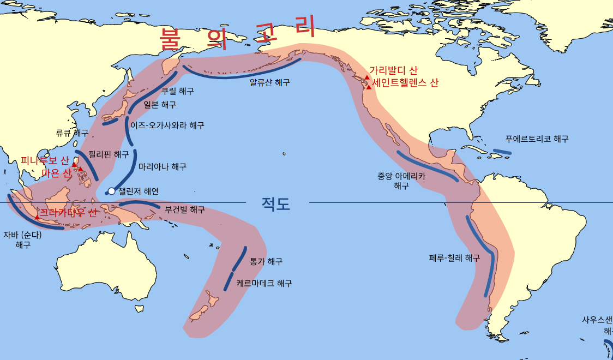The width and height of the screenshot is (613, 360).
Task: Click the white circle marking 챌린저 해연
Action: click(111, 191)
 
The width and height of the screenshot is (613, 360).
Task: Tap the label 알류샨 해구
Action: click(269, 83)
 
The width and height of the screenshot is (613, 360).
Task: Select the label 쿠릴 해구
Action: click(177, 91)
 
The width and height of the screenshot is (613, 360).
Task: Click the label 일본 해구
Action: click(160, 105)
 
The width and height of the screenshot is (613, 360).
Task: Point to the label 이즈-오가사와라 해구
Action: click(167, 125)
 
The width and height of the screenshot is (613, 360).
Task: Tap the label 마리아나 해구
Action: click(163, 166)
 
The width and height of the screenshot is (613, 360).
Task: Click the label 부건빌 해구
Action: click(185, 209)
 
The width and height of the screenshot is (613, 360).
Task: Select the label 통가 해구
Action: click(266, 262)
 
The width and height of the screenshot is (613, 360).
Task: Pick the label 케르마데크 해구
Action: click(264, 284)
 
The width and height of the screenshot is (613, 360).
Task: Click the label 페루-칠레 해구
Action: click(454, 258)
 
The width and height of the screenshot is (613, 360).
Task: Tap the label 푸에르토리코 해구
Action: click(537, 139)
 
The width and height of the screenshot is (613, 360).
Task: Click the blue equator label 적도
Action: click(276, 204)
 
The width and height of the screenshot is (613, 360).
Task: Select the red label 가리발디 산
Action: click(393, 70)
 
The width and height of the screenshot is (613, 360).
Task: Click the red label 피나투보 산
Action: click(45, 160)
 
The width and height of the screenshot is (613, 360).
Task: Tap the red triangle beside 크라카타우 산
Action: click(37, 217)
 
